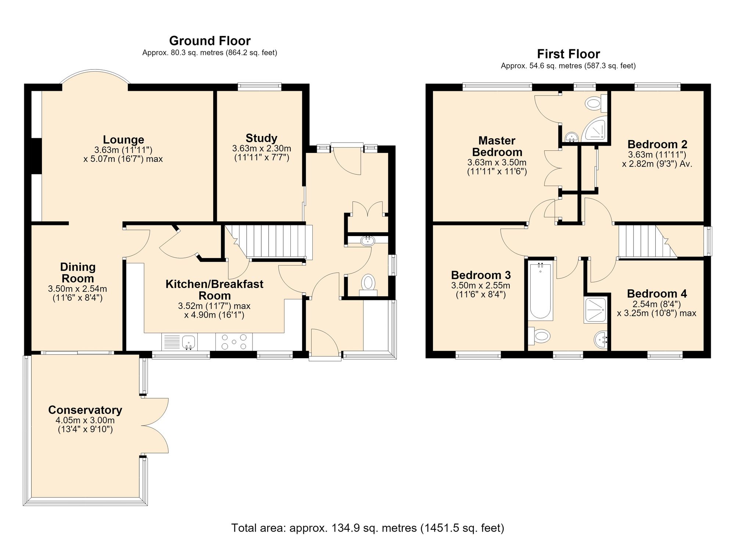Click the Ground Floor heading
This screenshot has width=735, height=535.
point(210,40)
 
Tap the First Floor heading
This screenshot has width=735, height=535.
point(569,54)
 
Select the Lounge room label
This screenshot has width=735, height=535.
point(123,140)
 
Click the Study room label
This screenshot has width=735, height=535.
point(261,138)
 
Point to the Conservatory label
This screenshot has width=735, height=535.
point(85,410)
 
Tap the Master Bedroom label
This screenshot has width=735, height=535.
point(497,146)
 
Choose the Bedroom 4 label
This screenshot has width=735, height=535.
point(657,293)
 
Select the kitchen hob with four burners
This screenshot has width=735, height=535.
point(234,342)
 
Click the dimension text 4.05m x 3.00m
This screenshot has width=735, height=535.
point(85,420)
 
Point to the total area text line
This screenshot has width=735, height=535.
point(367,528)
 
